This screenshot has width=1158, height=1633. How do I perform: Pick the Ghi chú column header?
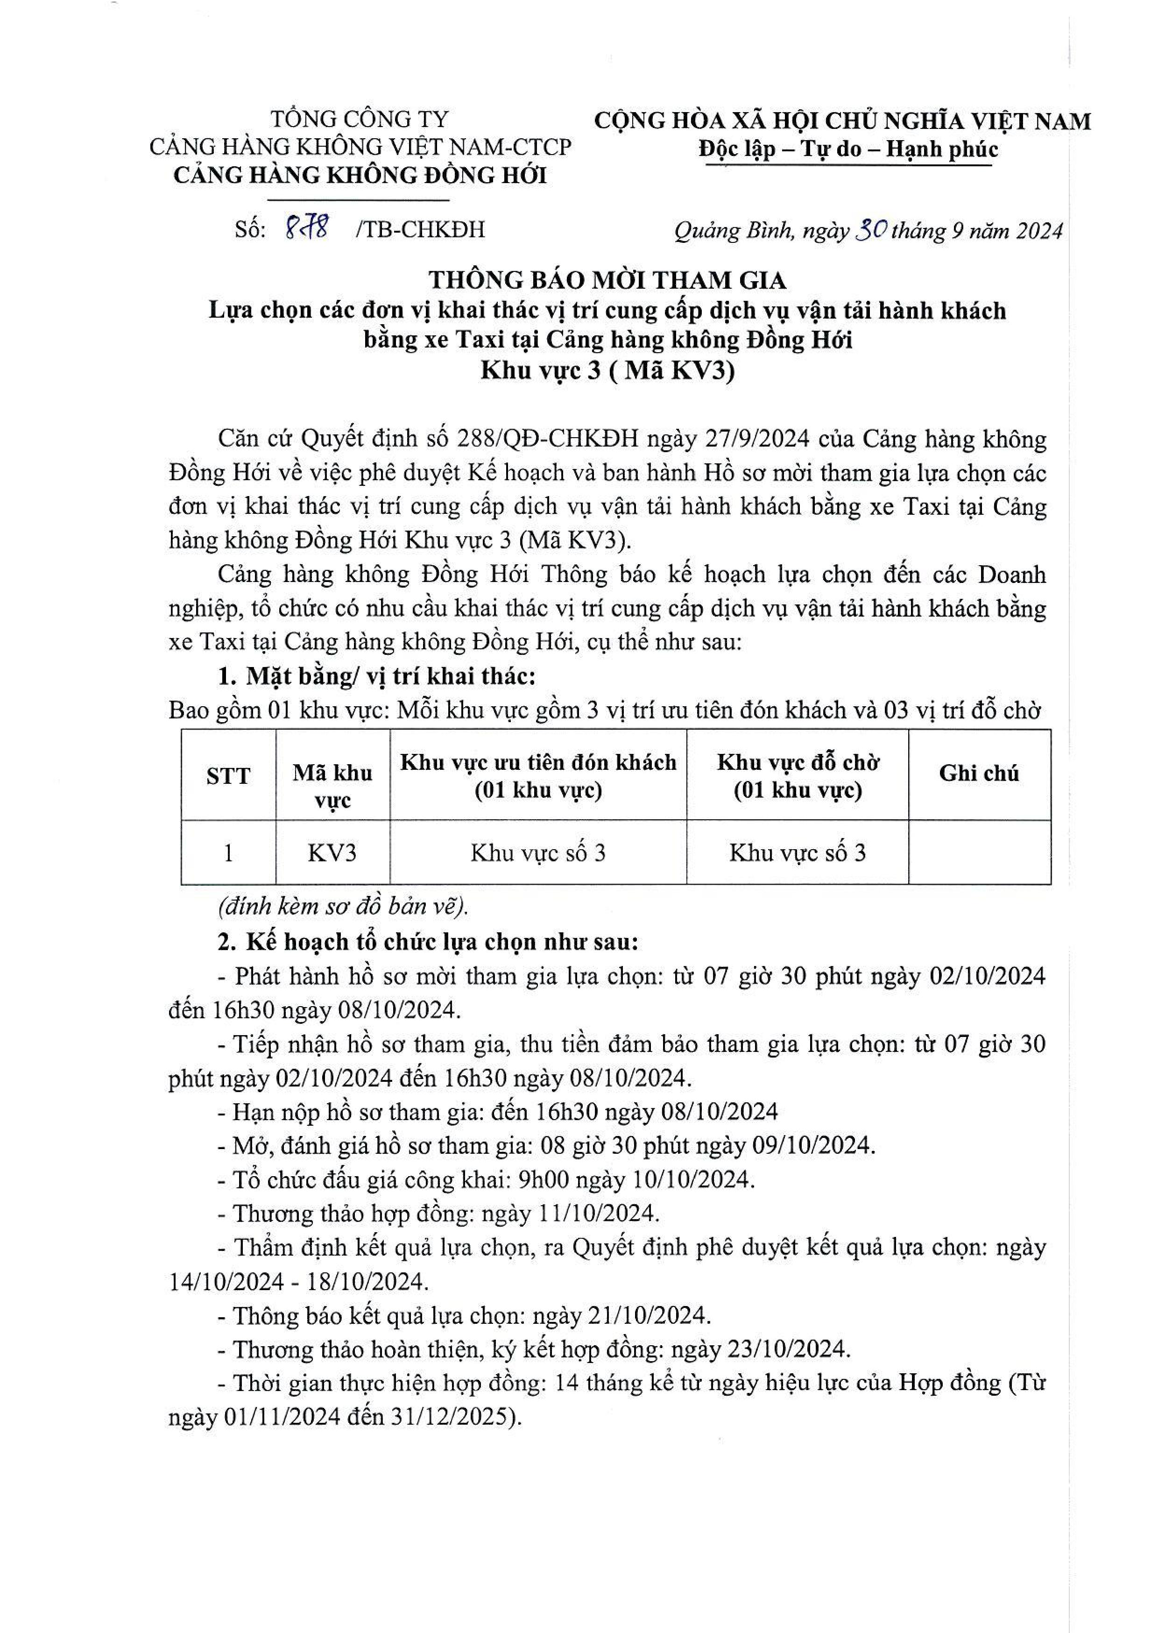tap(978, 774)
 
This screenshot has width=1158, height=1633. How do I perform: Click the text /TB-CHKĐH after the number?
tap(420, 230)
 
